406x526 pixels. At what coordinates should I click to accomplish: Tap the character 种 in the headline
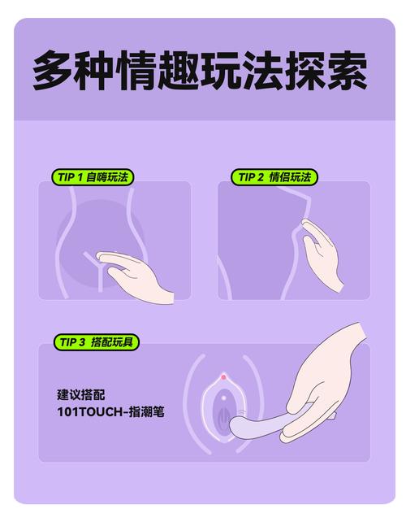click(x=95, y=70)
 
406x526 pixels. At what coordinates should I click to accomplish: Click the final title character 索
click(x=347, y=70)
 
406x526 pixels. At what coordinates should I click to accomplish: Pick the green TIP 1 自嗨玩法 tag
click(x=92, y=177)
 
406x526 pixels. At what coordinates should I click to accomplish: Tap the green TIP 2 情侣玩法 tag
click(x=274, y=177)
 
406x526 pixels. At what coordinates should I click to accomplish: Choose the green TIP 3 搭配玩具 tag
click(x=96, y=342)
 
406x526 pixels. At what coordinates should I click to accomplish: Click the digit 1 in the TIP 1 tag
click(x=80, y=177)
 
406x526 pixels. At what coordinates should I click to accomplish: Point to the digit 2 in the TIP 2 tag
click(x=261, y=177)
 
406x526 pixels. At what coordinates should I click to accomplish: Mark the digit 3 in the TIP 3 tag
click(x=82, y=342)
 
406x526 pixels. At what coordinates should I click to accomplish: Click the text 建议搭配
click(x=80, y=394)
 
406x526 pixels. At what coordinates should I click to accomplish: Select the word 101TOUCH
click(x=90, y=412)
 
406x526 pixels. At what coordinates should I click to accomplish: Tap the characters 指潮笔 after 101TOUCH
click(x=148, y=412)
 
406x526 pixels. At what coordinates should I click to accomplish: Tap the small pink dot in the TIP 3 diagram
click(x=223, y=377)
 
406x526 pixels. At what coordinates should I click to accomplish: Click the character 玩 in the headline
click(x=220, y=70)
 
